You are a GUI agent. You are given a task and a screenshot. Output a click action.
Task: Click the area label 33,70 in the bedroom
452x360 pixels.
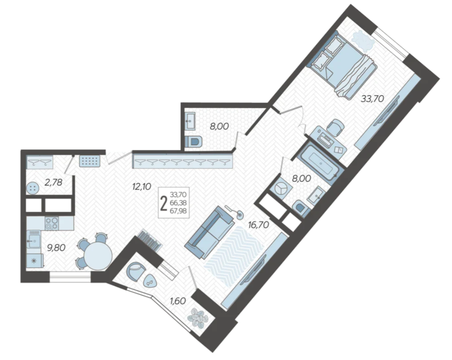click(372, 99)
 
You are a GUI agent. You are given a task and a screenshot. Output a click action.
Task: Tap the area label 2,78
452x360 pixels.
click(54, 182)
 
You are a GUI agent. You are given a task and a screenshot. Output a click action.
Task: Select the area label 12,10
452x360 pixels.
click(142, 187)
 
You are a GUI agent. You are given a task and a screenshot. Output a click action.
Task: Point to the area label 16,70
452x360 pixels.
click(258, 224)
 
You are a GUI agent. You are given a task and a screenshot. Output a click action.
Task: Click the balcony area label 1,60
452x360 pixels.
click(178, 301)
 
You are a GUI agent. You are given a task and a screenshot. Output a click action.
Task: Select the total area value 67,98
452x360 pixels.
click(178, 211)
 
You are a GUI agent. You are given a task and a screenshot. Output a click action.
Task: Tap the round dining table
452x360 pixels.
click(98, 256)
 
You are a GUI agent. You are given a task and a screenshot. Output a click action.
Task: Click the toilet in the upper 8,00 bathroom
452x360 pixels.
click(193, 142)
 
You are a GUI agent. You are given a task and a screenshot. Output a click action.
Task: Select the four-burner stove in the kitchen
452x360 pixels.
click(51, 223)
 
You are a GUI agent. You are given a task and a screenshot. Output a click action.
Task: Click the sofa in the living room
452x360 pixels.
click(209, 232)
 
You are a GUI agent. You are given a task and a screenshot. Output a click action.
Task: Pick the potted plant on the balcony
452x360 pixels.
click(198, 318)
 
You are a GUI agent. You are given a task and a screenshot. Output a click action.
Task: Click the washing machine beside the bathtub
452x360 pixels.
click(280, 189)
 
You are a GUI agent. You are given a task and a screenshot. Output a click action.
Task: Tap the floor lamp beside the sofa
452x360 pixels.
click(235, 211)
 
